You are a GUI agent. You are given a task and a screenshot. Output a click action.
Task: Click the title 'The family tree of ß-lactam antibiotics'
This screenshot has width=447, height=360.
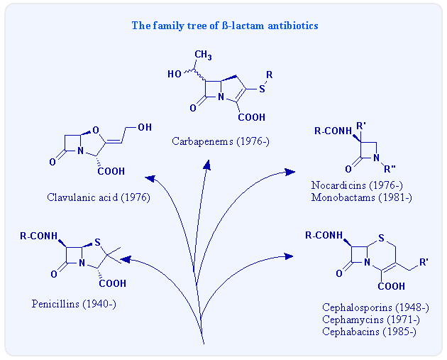click(x=225, y=26)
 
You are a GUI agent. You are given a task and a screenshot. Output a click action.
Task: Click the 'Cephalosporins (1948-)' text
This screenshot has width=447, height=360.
click(x=375, y=308)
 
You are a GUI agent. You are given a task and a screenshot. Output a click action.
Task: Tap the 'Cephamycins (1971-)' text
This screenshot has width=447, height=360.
click(x=370, y=320)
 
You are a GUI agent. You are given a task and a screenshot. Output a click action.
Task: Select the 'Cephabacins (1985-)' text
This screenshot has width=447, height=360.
click(x=370, y=331)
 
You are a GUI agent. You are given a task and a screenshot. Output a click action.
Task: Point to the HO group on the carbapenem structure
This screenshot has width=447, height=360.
click(x=175, y=74)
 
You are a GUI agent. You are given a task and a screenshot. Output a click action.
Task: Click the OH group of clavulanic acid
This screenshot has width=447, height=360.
click(x=144, y=127)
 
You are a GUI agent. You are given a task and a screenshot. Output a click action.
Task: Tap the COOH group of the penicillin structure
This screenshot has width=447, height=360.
click(x=113, y=283)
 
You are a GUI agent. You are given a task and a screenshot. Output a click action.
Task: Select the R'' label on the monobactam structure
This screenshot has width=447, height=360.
click(x=390, y=169)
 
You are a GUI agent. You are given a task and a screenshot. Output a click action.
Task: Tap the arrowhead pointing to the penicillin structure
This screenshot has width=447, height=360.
click(x=126, y=261)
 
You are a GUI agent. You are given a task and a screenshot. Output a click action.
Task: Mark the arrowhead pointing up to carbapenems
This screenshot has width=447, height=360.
click(x=207, y=165)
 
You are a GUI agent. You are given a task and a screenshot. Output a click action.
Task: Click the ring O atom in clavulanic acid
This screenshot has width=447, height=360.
click(x=104, y=130)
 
